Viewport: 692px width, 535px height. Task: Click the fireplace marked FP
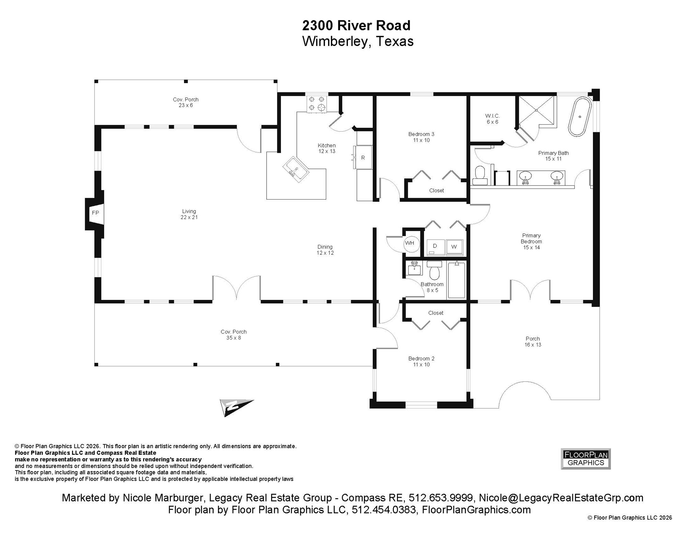tap(95, 213)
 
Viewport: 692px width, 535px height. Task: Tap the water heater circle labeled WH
tap(410, 243)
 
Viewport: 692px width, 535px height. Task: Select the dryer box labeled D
tap(435, 247)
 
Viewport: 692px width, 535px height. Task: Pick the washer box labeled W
tap(454, 247)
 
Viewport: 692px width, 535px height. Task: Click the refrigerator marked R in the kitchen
tap(363, 158)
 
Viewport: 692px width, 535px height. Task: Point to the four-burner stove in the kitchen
tap(316, 103)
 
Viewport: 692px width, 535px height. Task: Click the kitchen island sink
tap(295, 169)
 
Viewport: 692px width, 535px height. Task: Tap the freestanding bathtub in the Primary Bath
tap(580, 117)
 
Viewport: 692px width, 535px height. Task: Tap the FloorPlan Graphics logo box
tap(586, 459)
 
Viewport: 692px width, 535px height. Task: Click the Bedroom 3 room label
tap(421, 137)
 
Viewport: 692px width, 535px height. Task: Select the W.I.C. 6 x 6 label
tap(492, 119)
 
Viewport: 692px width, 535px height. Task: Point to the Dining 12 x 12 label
tap(325, 250)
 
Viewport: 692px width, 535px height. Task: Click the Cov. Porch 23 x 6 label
tap(186, 102)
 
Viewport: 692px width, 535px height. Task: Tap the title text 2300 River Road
tap(356, 25)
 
